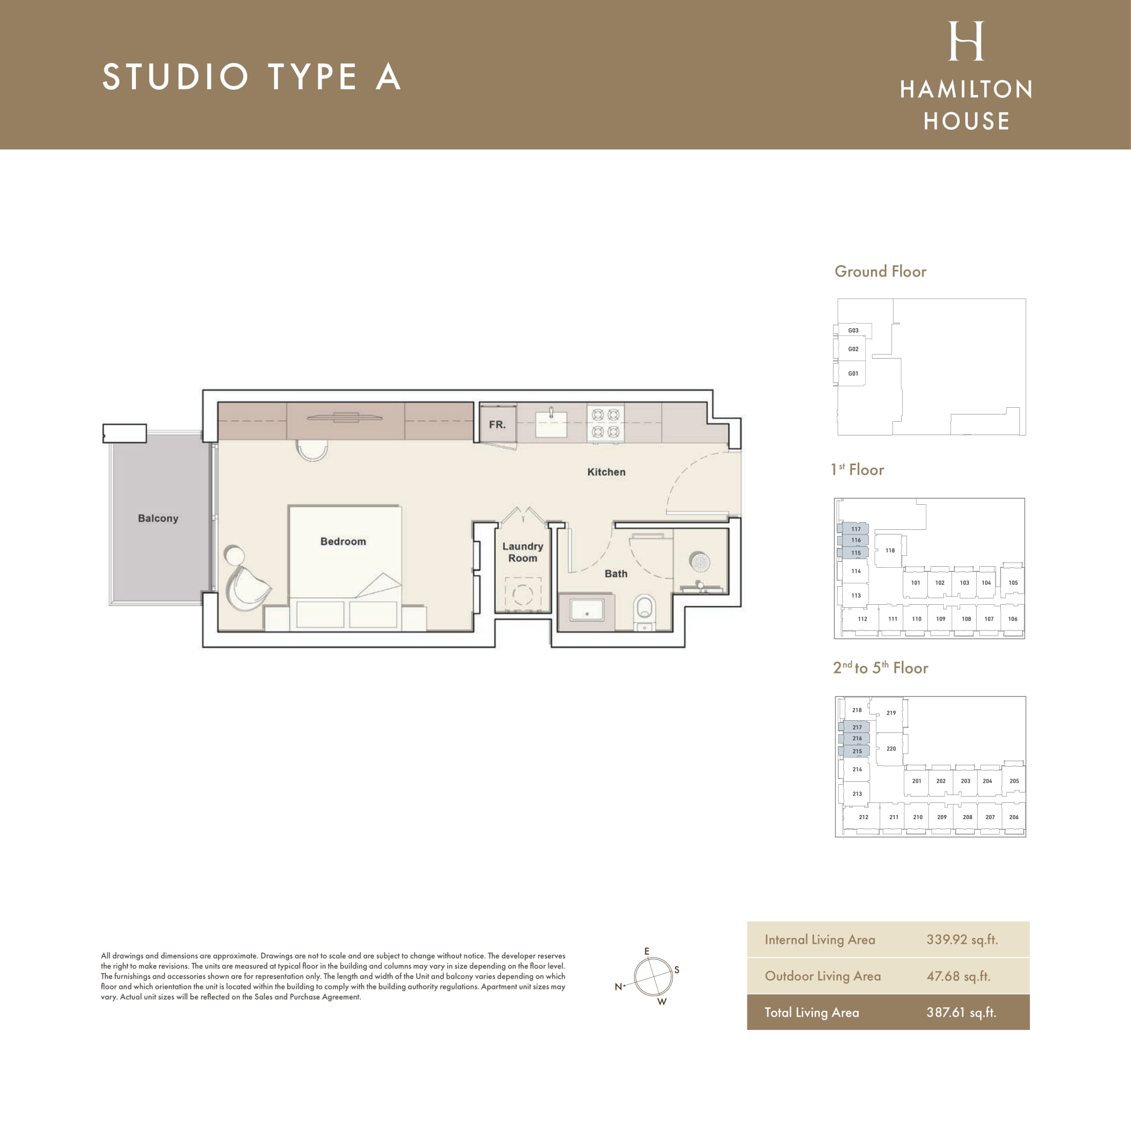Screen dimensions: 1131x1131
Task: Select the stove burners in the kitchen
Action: [605, 423]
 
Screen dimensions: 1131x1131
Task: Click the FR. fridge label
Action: [497, 424]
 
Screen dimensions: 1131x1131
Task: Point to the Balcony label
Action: [158, 518]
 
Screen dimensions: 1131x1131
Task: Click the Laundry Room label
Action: [523, 552]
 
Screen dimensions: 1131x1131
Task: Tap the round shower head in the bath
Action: [699, 562]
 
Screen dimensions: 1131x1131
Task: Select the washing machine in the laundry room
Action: [523, 594]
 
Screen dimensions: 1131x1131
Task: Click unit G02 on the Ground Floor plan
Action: [853, 349]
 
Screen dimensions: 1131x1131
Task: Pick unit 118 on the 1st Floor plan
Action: [890, 550]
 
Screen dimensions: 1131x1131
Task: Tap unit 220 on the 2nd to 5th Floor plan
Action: [891, 749]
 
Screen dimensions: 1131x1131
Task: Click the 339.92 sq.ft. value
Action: [962, 940]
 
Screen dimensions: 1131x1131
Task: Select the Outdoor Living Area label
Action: [823, 976]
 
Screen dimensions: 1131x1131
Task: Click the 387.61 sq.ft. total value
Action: [961, 1012]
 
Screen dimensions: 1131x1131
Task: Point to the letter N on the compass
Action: [618, 987]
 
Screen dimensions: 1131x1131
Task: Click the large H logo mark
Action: [966, 41]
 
